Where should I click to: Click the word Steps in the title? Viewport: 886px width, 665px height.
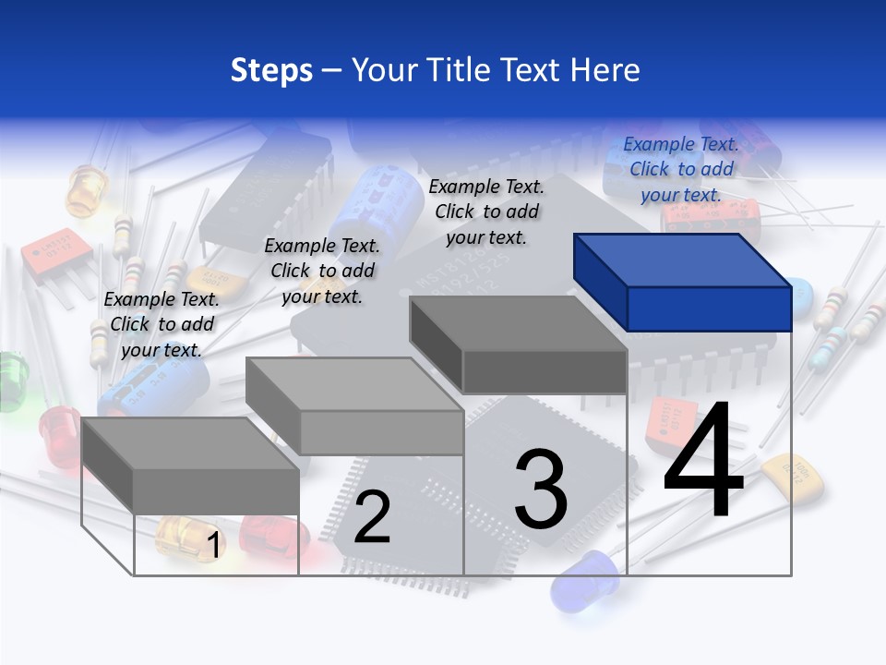(271, 70)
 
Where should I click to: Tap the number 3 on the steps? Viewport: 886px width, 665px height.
(541, 490)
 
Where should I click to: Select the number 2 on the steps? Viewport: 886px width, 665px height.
(372, 517)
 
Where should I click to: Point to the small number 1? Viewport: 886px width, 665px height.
(213, 545)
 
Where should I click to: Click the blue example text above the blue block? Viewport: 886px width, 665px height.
(681, 169)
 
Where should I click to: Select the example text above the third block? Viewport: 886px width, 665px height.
(486, 212)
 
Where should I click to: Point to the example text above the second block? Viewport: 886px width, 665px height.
(322, 271)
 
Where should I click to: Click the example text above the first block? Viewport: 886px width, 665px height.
(162, 324)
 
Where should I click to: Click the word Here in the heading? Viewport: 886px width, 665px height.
(605, 70)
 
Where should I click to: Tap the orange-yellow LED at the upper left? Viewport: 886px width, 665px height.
(86, 189)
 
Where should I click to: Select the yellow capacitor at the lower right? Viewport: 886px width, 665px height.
(795, 475)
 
